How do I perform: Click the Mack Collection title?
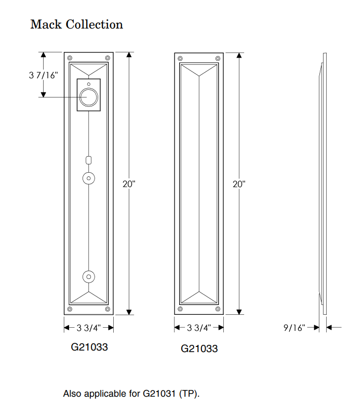[76, 24]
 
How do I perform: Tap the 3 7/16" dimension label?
[44, 75]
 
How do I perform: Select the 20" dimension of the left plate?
[129, 184]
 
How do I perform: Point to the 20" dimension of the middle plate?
[239, 184]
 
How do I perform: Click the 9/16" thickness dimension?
[294, 328]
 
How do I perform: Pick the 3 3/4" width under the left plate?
[88, 328]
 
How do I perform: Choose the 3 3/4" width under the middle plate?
[198, 328]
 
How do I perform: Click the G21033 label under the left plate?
[89, 346]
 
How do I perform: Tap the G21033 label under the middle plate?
[199, 348]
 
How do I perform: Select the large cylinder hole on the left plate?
[89, 97]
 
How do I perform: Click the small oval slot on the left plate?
[89, 159]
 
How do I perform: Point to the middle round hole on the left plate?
[89, 178]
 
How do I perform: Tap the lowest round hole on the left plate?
[89, 276]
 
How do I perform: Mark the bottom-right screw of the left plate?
[107, 309]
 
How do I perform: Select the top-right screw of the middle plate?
[217, 58]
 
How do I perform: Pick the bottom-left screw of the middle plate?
[180, 309]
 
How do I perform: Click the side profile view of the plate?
[324, 184]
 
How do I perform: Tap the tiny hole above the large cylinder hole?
[89, 83]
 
